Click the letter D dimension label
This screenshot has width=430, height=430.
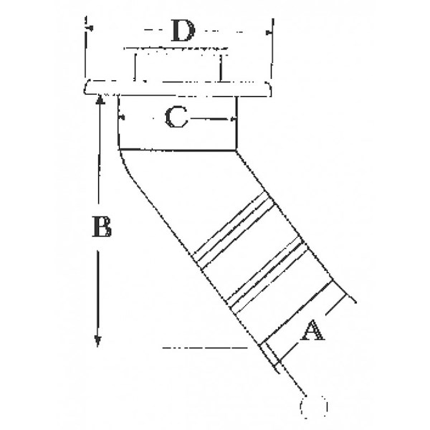183,30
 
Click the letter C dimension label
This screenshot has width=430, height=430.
176,117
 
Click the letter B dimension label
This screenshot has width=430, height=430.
102,226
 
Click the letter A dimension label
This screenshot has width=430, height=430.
312,330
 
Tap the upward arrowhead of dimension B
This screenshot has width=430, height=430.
100,99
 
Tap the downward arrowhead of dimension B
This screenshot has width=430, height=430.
98,341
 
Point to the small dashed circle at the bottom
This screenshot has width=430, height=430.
314,407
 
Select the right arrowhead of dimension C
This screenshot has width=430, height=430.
233,119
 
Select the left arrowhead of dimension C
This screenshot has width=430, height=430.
122,118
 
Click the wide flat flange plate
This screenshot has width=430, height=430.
178,88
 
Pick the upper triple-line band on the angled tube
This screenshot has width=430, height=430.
234,230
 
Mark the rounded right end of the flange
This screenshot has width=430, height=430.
269,88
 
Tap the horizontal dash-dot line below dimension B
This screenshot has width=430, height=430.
205,348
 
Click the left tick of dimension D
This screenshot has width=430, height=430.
87,28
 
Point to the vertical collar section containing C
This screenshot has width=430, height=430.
178,123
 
